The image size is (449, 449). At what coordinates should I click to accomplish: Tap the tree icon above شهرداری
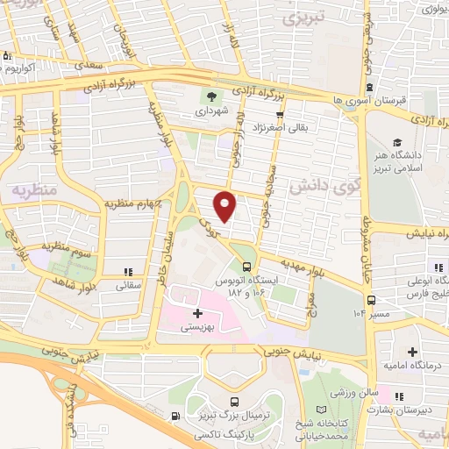click(x=210, y=96)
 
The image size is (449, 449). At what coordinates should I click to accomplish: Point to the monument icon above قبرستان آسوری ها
click(x=370, y=88)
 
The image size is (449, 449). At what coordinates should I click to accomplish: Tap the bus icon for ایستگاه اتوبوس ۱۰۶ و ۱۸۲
click(x=247, y=265)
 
